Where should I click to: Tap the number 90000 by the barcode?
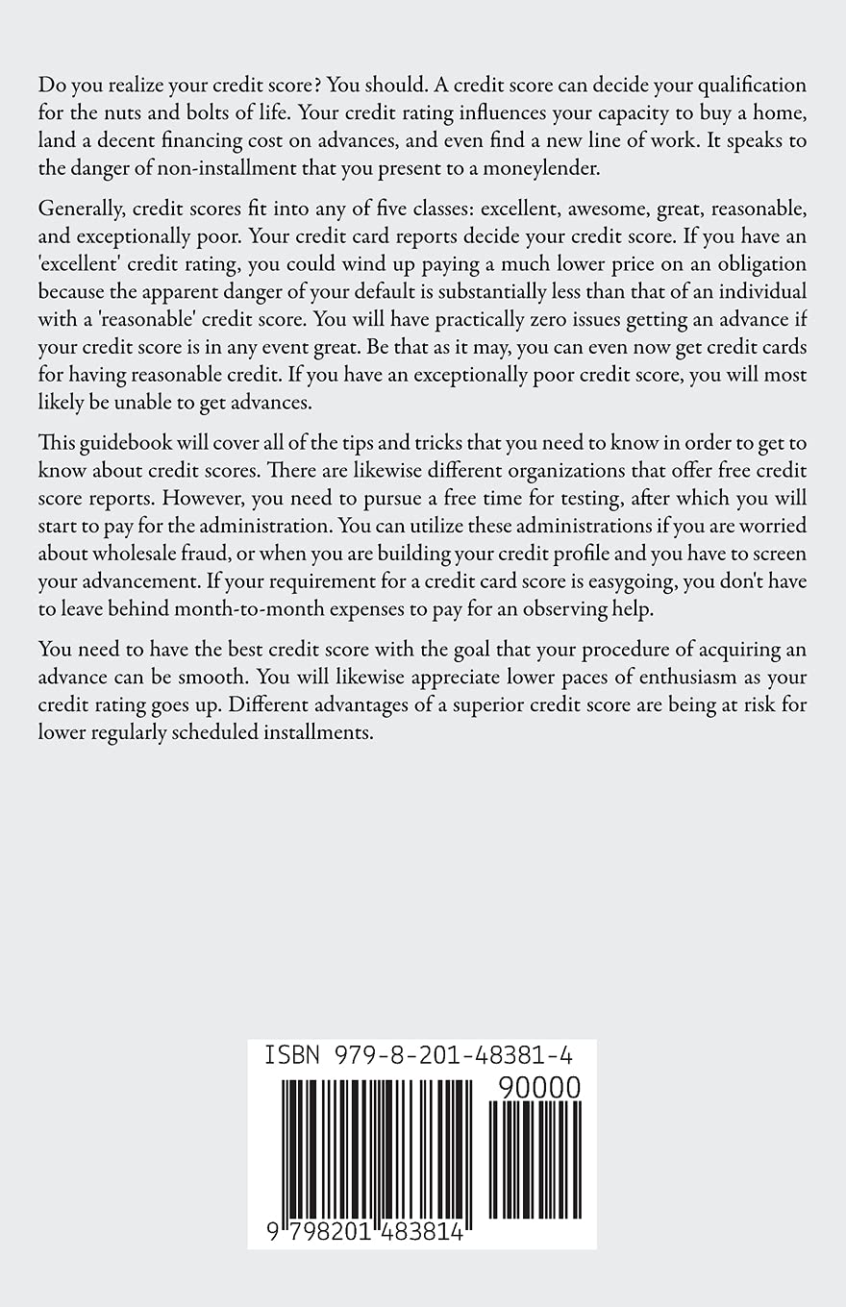[x=540, y=1087]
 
